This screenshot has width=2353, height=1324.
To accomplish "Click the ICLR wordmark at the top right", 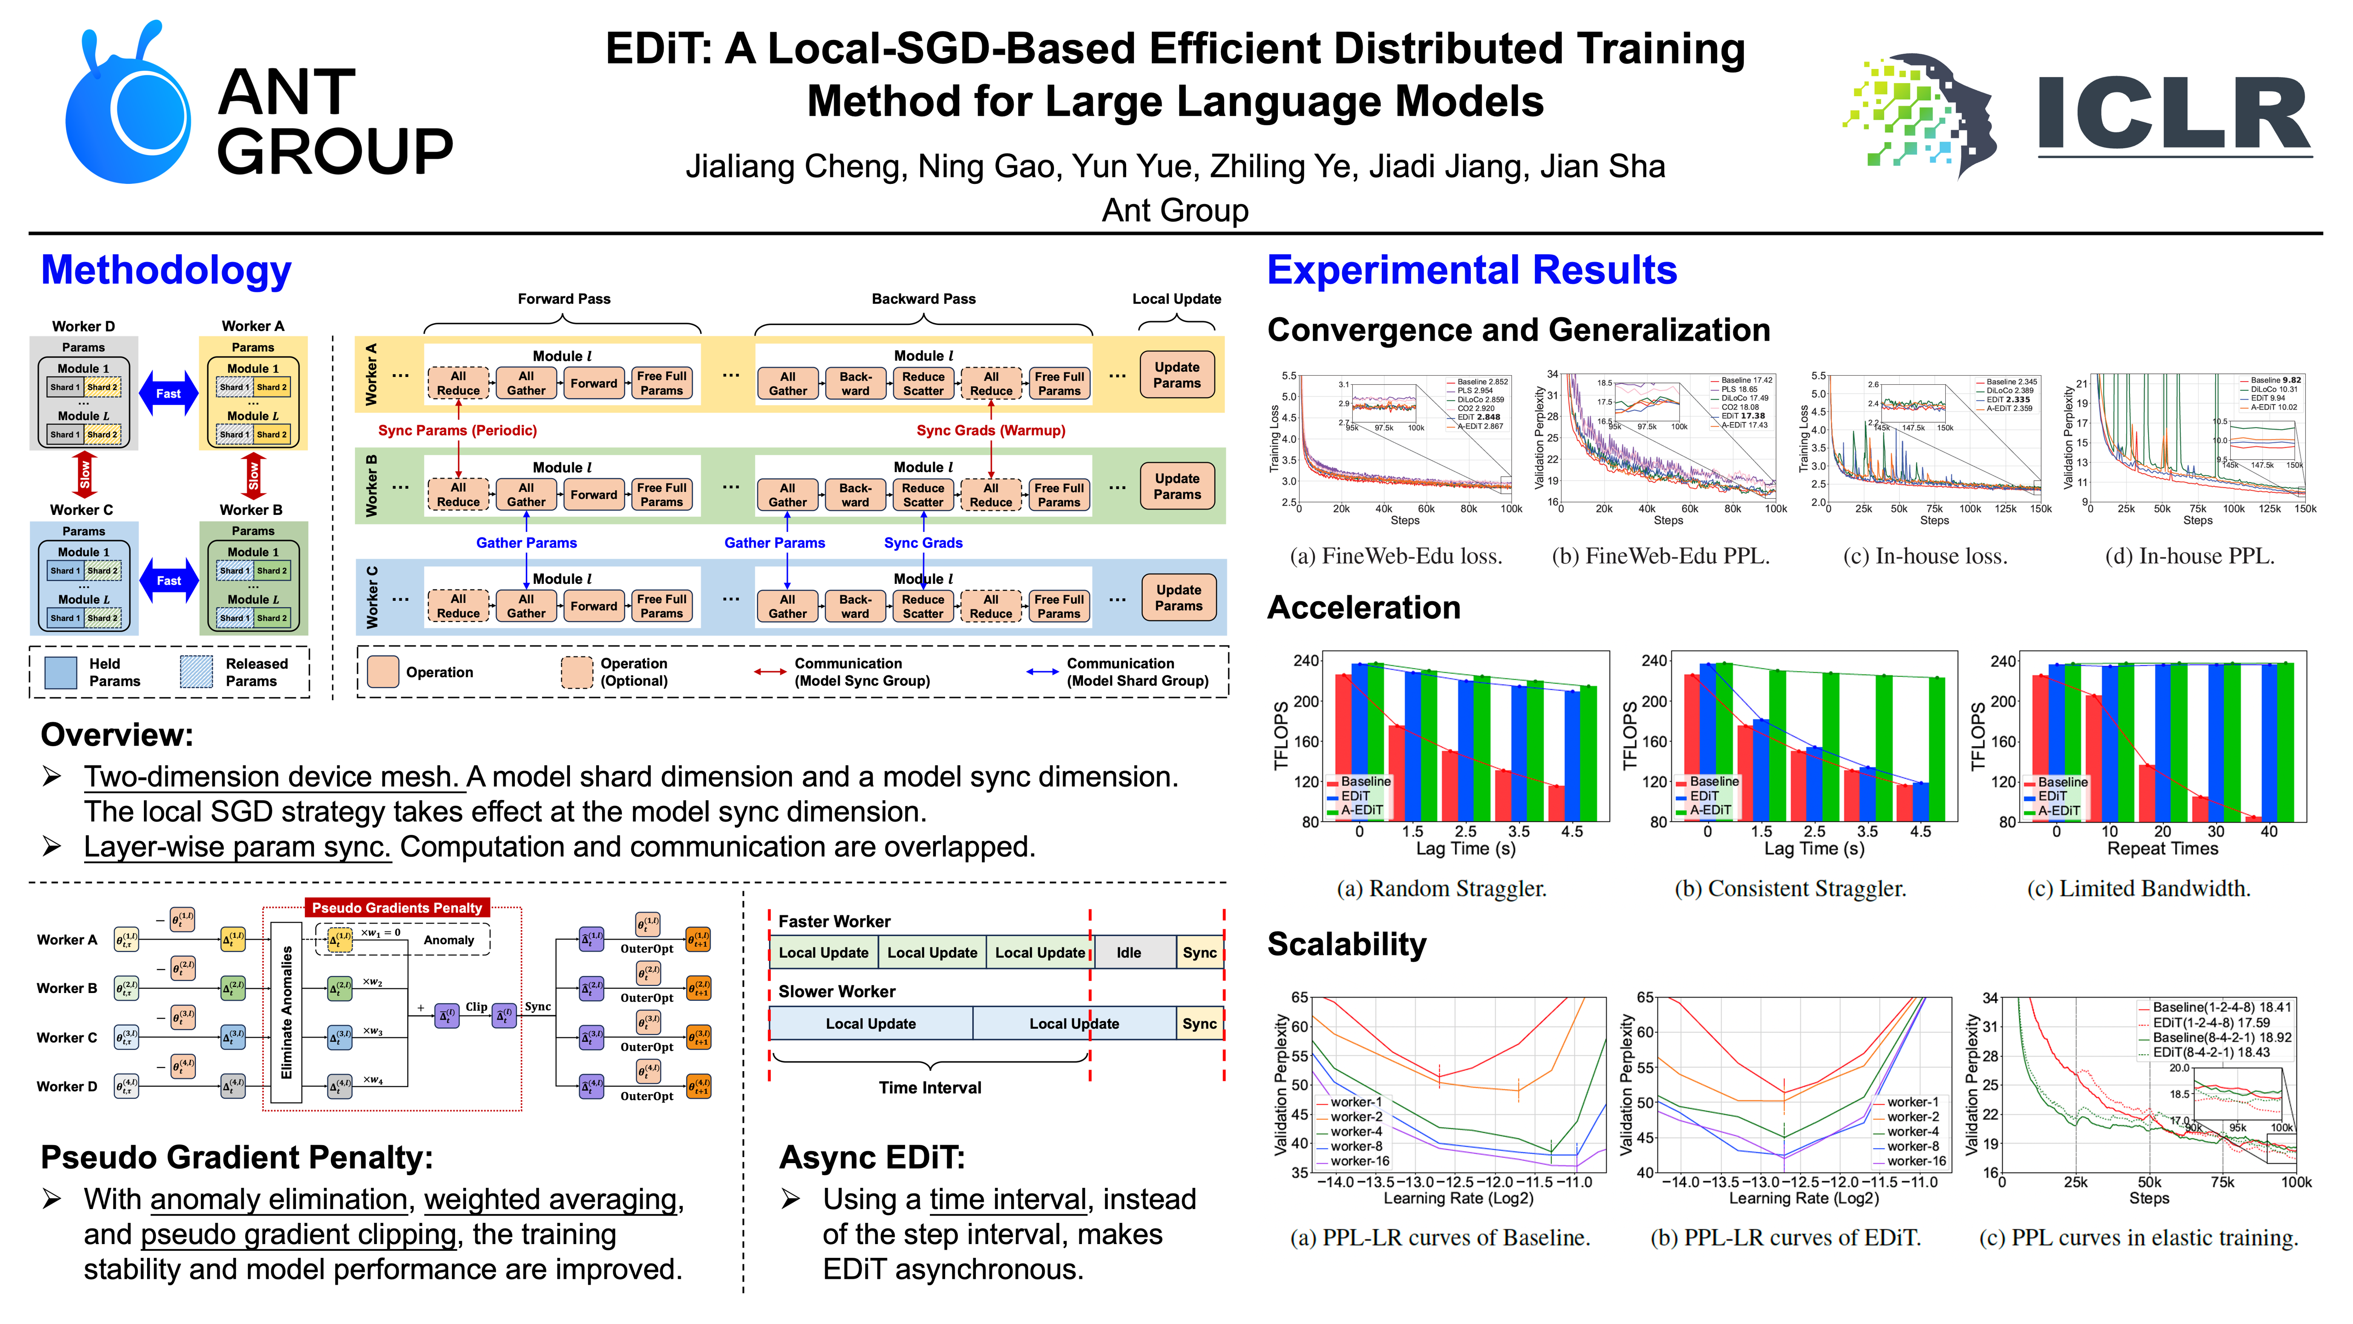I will click(x=2174, y=114).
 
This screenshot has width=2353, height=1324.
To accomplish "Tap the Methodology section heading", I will click(x=166, y=270).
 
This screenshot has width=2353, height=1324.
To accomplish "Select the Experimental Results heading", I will click(x=1471, y=270).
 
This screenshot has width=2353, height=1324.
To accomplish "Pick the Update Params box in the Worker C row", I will click(x=1178, y=598).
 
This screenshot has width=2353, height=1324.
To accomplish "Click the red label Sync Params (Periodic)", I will click(x=458, y=430).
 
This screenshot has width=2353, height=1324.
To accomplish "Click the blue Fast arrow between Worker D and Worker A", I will click(x=168, y=394).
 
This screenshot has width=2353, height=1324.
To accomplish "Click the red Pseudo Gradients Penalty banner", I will click(x=397, y=907).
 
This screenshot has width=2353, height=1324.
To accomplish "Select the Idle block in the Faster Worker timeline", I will click(x=1129, y=952).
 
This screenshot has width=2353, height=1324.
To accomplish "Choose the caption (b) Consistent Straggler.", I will click(x=1790, y=888).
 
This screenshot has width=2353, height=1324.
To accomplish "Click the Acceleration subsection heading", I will click(x=1364, y=608).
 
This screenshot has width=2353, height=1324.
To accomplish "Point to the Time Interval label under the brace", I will click(x=930, y=1087).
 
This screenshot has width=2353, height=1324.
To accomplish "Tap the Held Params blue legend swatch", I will click(x=60, y=673).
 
